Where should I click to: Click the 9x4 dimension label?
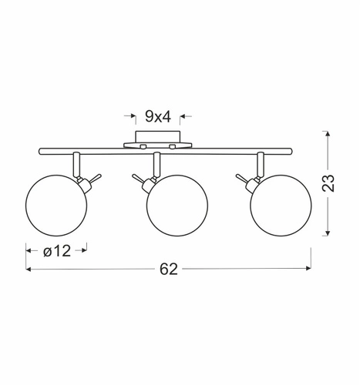[x=158, y=117]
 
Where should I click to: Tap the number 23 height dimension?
[x=328, y=183]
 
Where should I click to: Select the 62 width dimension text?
[x=169, y=269]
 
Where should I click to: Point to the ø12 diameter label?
[x=57, y=251]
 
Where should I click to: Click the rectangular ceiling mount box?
[x=158, y=137]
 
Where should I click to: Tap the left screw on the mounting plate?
[x=143, y=146]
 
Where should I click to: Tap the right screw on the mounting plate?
[x=173, y=146]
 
